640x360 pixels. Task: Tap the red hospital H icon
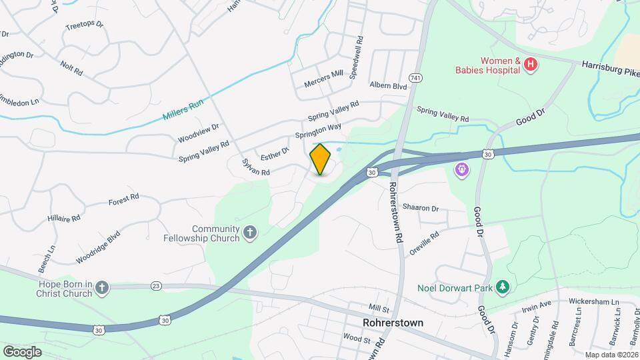531,65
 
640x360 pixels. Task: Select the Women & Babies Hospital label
487,64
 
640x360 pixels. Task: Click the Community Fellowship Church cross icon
250,233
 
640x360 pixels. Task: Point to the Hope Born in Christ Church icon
101,288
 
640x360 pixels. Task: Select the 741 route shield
416,78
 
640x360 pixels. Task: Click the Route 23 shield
156,286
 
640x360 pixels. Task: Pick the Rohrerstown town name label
393,322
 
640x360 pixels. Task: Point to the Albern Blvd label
388,86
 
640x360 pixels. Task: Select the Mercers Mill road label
323,79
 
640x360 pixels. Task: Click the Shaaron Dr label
420,208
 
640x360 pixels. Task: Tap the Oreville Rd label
425,237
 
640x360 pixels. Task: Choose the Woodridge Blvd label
98,246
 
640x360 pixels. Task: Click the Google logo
22,351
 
